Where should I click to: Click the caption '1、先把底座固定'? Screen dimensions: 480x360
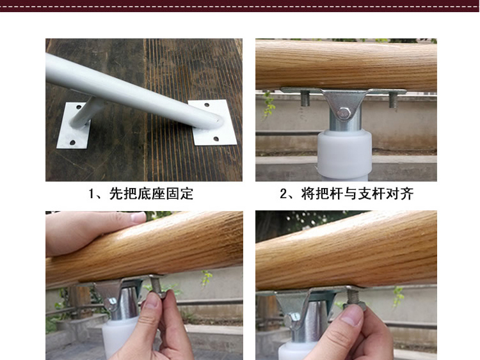point(141,194)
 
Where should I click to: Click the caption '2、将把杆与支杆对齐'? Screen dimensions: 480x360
point(347,194)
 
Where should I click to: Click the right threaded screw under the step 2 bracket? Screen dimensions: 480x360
point(393,100)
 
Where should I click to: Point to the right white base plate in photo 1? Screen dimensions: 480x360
point(212,122)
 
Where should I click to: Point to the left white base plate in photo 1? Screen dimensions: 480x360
point(74,125)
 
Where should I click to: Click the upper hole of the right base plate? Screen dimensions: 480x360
point(207,106)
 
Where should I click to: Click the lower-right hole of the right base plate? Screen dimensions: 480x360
point(216,139)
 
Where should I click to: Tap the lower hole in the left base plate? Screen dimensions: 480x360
point(72,143)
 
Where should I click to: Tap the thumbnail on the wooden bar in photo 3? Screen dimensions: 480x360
point(138,217)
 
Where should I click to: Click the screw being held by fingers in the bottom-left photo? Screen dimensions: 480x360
point(157,286)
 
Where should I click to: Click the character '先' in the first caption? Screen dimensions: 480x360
point(116,194)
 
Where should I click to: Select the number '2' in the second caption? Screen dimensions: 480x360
point(283,194)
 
